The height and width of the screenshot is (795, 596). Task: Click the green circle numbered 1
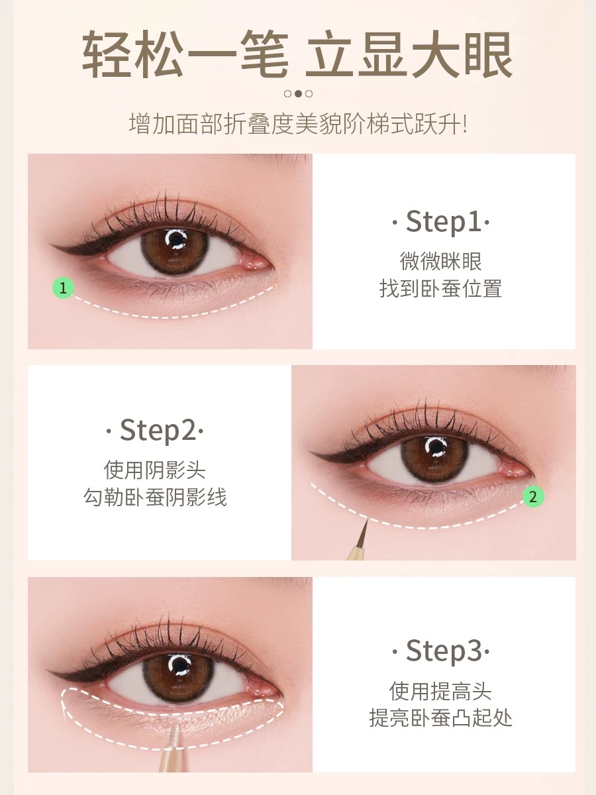tap(63, 288)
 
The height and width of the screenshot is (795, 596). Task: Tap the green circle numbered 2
tap(533, 497)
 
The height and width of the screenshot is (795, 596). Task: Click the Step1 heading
tap(441, 221)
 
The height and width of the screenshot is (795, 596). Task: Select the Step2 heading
tap(154, 430)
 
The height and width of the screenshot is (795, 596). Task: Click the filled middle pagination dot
tap(298, 94)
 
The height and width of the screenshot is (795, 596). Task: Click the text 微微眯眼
tap(440, 261)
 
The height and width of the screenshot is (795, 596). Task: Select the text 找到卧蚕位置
tap(440, 289)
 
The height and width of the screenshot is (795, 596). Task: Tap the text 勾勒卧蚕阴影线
tap(155, 497)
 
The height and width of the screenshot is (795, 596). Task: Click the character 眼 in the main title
tap(488, 55)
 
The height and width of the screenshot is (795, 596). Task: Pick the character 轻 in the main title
tap(107, 55)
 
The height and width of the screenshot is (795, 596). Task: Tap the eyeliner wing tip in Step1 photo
tap(51, 245)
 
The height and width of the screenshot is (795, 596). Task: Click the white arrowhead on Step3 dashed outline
tap(64, 713)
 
